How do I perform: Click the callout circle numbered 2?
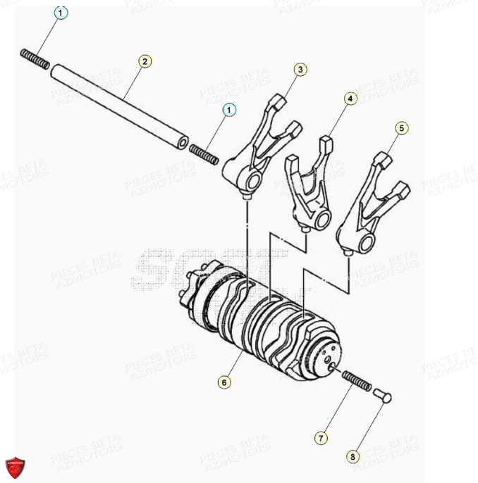coord(145,61)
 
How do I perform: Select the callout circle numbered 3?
coord(300,69)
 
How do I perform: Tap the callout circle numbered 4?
coord(350,99)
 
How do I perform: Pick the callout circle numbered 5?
coord(401,127)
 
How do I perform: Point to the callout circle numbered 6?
coord(223,382)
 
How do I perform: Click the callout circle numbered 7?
coord(321,438)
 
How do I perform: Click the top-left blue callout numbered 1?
coord(61,13)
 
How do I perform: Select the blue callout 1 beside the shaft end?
coord(228,109)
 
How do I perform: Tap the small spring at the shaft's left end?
coord(35,59)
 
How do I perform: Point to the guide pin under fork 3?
coord(246,198)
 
